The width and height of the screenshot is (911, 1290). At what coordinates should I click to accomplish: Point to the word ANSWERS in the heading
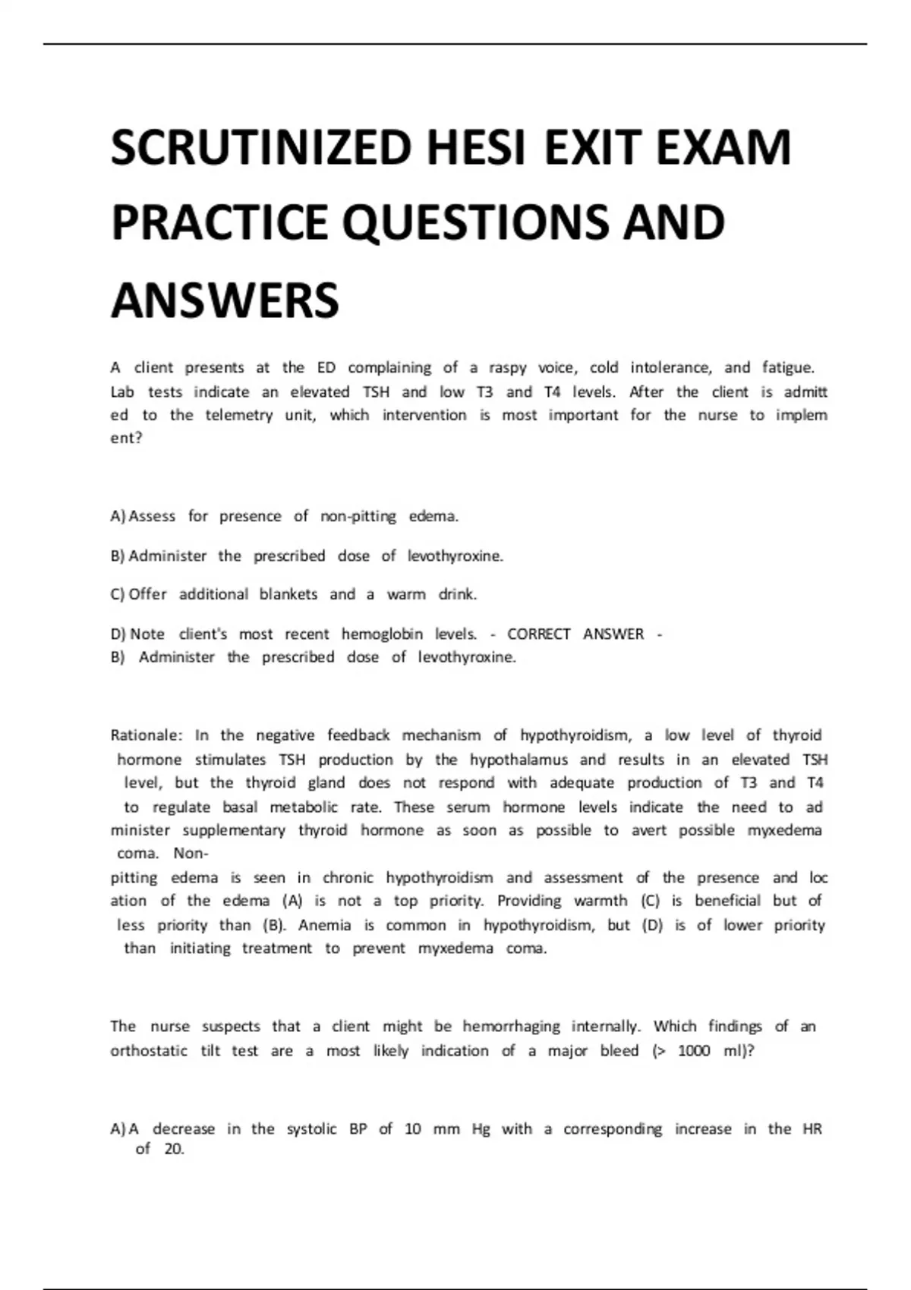point(225,300)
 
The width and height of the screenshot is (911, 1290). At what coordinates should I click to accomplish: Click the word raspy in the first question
point(507,368)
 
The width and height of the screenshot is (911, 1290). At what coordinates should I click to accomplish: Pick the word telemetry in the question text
point(239,415)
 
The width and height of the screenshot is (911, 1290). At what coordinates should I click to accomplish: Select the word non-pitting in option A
point(358,517)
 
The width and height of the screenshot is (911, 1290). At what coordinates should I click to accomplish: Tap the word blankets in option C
point(288,594)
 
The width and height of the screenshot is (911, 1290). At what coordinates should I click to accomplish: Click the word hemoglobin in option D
point(382,634)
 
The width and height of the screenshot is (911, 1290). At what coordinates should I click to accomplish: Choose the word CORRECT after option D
point(538,634)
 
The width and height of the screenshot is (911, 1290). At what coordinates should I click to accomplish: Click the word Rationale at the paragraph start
point(146,735)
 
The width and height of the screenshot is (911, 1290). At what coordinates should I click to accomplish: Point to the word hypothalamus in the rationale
point(519,760)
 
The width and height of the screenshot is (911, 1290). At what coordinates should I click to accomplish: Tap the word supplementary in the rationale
point(234,830)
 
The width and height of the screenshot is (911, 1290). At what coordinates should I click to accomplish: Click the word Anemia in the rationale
point(325,925)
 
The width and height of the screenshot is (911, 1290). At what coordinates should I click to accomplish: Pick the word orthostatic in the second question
point(149,1051)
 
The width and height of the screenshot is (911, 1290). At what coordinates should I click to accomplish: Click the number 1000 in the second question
point(694,1051)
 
